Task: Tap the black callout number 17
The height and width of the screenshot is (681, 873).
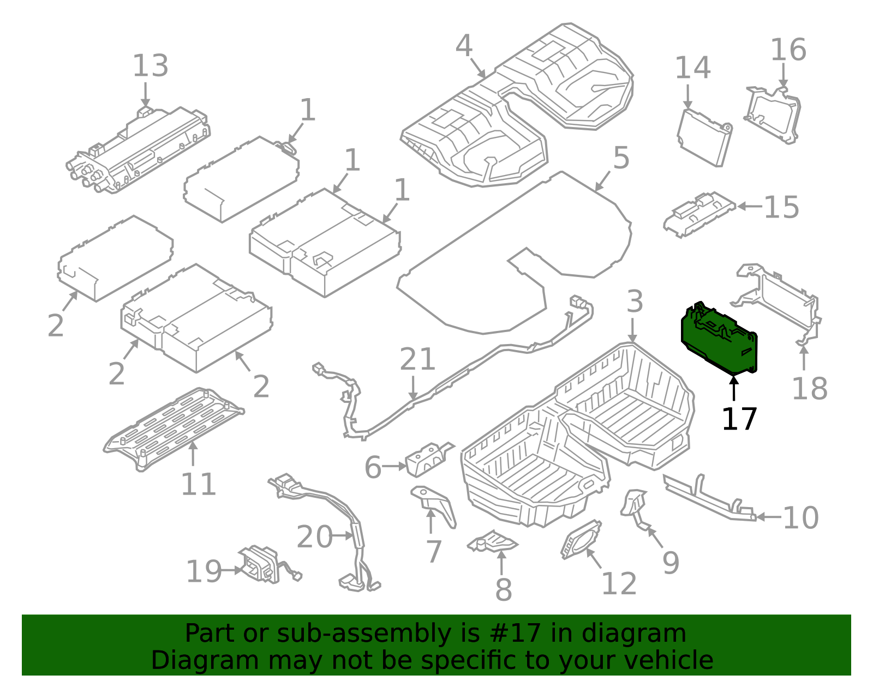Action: tap(739, 419)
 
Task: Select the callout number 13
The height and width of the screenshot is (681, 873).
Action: tap(150, 66)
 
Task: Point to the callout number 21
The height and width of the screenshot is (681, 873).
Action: tap(417, 359)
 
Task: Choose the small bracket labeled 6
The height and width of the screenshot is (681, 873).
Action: tap(428, 459)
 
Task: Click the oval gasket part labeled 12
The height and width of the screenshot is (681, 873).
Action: tap(581, 539)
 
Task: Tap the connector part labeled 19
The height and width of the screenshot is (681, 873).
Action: tap(259, 564)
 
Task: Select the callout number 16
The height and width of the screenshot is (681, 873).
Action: tap(788, 50)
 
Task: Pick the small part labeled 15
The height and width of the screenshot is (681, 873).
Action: tap(698, 212)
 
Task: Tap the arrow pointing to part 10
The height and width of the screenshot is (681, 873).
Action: tap(768, 517)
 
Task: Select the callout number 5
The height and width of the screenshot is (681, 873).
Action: tap(621, 158)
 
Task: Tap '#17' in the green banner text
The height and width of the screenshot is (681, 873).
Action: tap(516, 634)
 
